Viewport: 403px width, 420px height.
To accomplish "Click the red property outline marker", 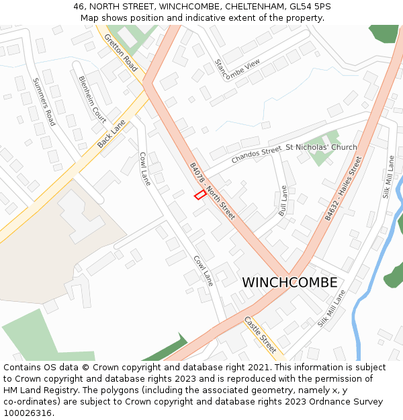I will pos(199,195).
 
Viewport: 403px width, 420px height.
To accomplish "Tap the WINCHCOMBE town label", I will pos(289,283).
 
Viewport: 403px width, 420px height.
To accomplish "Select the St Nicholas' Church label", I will pos(321,147).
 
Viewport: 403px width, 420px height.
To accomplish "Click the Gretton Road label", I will pos(121,54).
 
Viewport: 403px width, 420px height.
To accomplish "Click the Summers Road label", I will pos(44,101).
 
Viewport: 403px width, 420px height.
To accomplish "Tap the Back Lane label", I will pos(111,134).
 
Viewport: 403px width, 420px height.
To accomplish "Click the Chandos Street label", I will pos(256,155).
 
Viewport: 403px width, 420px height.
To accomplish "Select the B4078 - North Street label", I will pos(212,191).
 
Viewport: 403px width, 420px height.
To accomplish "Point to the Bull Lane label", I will pos(283,201).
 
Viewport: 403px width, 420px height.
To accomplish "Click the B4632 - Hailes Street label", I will pos(343,190).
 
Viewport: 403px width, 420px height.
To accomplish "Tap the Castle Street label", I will pos(260,335).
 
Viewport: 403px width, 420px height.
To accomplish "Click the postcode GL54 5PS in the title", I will pos(311,7).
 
